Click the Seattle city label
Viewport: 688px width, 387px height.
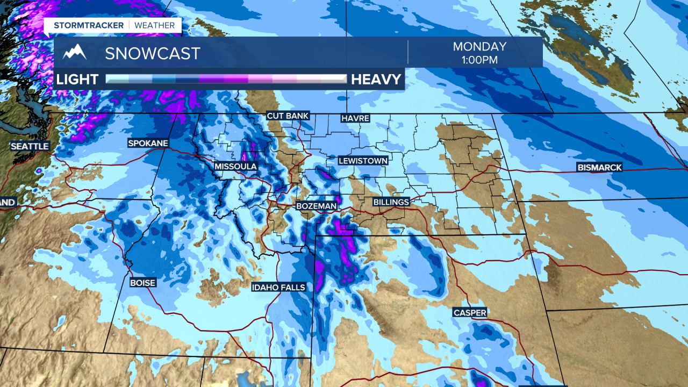pos(30,146)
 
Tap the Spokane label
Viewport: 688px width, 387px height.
pos(148,143)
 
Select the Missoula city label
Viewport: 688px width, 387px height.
pos(235,167)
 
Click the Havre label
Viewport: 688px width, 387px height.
pos(355,118)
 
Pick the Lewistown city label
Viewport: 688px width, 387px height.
pos(363,161)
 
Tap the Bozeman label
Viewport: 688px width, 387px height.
pos(317,206)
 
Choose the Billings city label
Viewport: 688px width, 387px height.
pos(391,202)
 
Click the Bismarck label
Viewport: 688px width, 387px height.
pos(599,168)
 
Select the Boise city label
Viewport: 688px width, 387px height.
pos(142,283)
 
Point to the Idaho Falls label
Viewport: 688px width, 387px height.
pos(278,288)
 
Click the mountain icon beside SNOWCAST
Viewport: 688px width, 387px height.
pos(75,52)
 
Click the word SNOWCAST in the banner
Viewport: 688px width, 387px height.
pos(153,53)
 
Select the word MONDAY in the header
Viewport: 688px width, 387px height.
pos(479,47)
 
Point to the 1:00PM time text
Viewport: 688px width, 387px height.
pos(479,60)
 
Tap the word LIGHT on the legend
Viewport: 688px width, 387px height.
pos(77,80)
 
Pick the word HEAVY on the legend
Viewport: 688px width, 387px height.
pos(376,80)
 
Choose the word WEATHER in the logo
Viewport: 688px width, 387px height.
pos(154,25)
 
